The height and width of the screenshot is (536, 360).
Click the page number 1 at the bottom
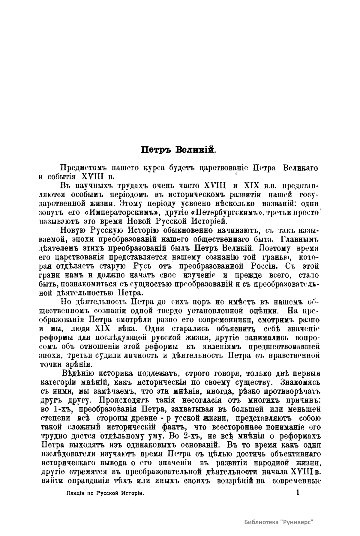click(298, 492)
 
